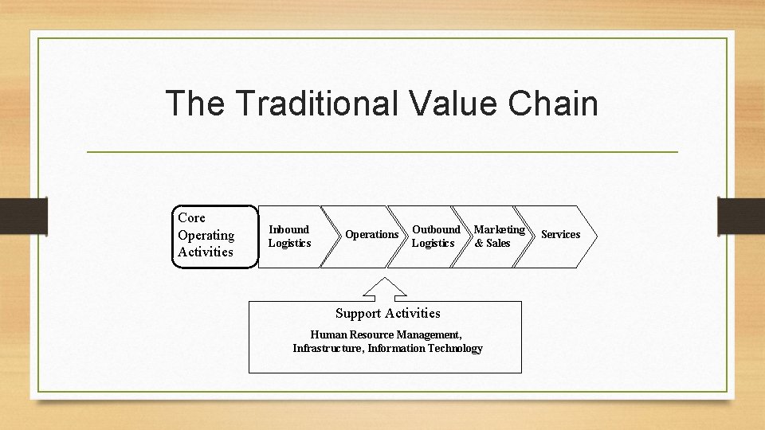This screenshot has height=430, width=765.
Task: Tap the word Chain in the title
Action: [x=551, y=104]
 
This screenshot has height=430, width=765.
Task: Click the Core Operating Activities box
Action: [x=215, y=236]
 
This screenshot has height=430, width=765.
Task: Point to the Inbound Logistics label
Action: [x=289, y=236]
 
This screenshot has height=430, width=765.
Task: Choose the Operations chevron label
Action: [x=371, y=235]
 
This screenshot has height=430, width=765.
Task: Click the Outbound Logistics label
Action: [x=435, y=236]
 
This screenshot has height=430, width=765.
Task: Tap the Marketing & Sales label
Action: [x=499, y=236]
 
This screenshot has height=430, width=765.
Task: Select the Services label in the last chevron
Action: [x=560, y=234]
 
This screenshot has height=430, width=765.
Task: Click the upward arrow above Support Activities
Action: [x=385, y=289]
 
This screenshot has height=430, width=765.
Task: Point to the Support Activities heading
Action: [x=387, y=313]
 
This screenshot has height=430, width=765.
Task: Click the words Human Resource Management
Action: [x=386, y=334]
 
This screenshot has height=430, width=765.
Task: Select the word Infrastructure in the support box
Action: [x=328, y=348]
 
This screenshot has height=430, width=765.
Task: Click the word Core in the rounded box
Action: [x=192, y=217]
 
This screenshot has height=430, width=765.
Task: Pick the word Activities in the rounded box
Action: [x=206, y=252]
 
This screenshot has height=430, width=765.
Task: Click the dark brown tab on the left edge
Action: [x=23, y=216]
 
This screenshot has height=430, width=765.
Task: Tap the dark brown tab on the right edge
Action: [x=741, y=216]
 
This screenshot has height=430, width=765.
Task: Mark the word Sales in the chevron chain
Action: [x=498, y=243]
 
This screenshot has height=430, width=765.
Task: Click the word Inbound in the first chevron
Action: [x=288, y=229]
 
